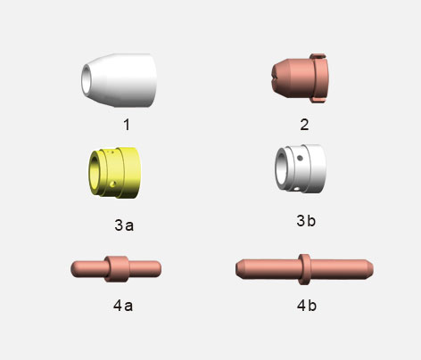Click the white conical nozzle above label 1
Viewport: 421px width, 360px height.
tap(119, 80)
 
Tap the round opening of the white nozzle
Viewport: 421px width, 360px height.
tap(86, 78)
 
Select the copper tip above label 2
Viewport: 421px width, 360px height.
tap(301, 78)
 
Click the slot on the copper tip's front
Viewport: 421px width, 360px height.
tap(274, 78)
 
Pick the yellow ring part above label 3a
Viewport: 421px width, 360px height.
tap(114, 173)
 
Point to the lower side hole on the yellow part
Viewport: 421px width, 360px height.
tap(112, 184)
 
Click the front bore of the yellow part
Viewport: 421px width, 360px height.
tap(95, 172)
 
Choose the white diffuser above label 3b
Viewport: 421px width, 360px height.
tap(301, 168)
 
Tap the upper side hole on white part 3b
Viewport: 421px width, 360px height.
tap(301, 158)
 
